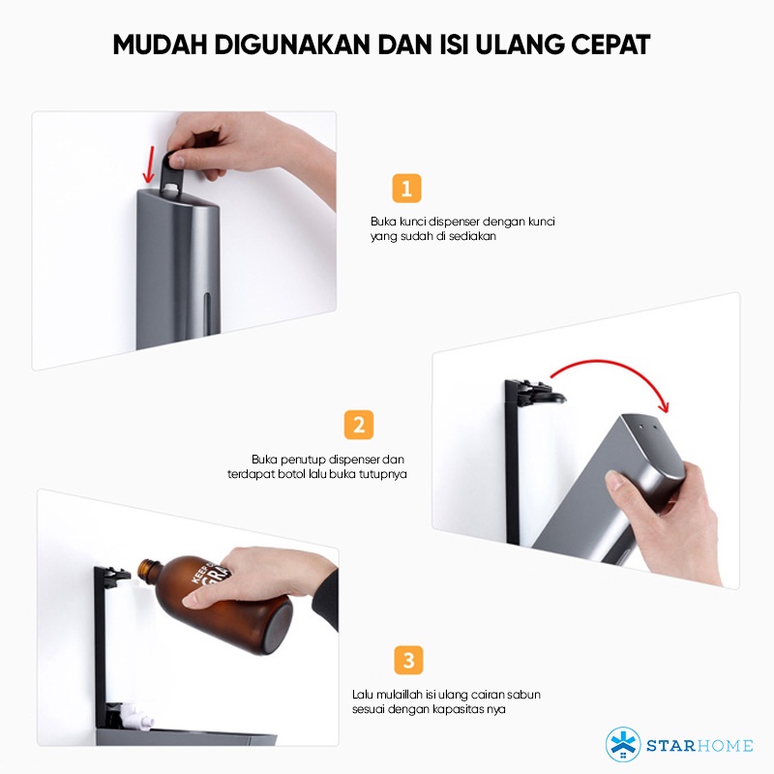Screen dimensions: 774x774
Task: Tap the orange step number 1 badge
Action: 406,188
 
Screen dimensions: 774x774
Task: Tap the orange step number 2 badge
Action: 359,425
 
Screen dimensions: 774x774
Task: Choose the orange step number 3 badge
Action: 408,660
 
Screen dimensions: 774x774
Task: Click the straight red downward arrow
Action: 149,164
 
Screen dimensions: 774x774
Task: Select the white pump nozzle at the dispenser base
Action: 134,715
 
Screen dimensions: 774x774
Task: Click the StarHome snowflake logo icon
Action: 623,744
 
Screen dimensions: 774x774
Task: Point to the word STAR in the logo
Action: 670,745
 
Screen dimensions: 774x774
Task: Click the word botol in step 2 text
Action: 292,474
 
